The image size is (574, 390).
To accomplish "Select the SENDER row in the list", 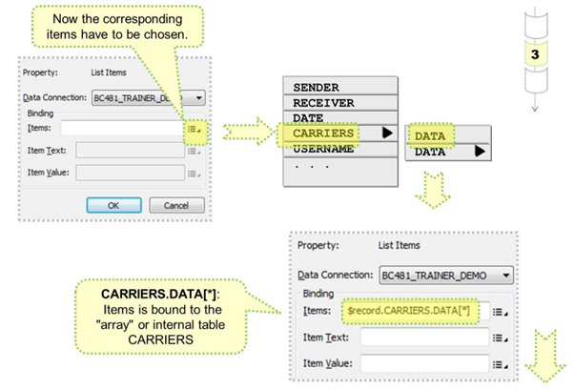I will (x=324, y=87).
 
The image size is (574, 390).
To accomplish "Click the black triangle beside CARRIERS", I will (x=387, y=133).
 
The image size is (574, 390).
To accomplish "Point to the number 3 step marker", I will (x=535, y=54).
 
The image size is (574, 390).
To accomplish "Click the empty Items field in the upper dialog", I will (x=121, y=127).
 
